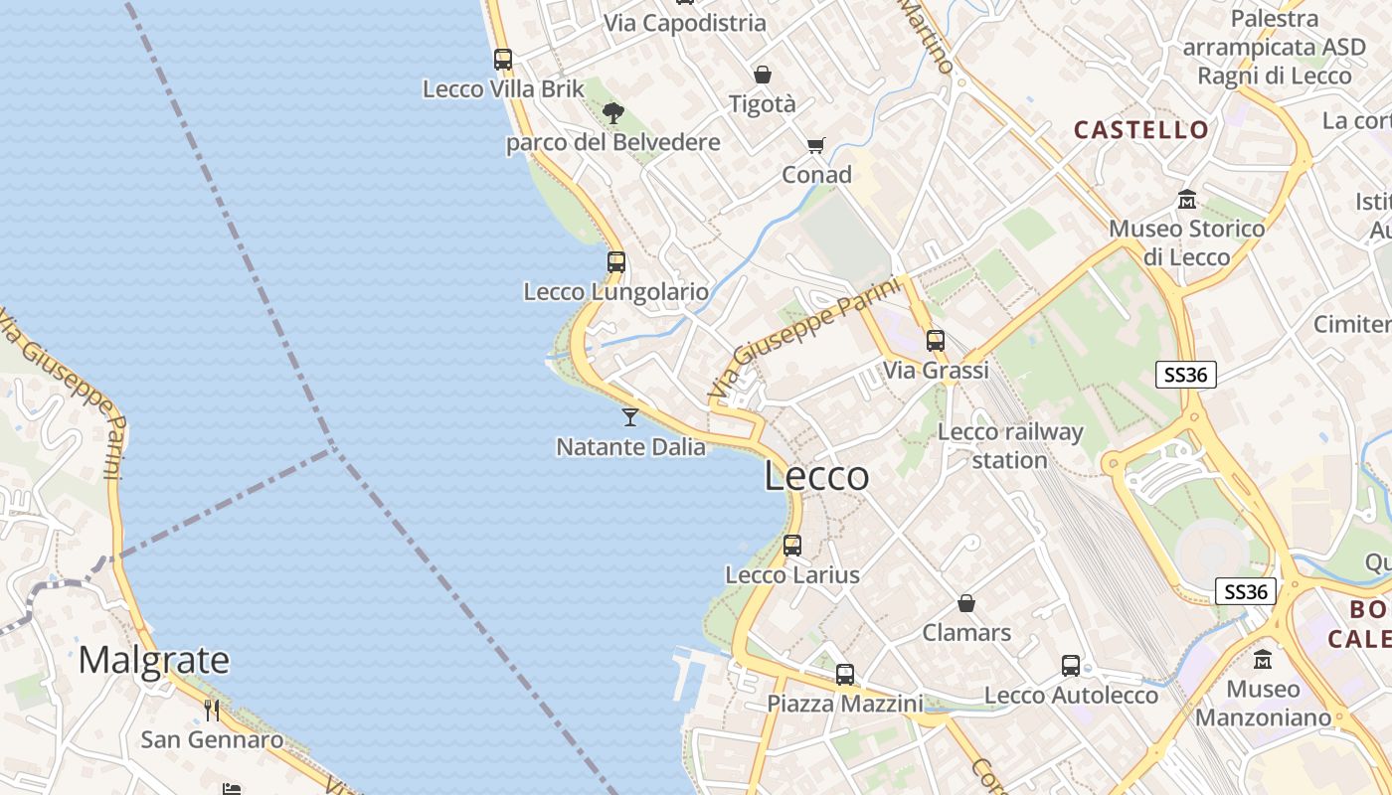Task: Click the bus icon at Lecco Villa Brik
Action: click(x=503, y=60)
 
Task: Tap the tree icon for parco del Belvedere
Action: click(x=613, y=113)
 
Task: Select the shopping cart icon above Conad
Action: click(x=816, y=146)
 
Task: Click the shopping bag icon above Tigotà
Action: click(x=763, y=75)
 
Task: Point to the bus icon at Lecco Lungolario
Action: click(x=616, y=262)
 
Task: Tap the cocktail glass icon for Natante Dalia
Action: click(x=630, y=417)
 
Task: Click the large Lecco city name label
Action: click(x=816, y=476)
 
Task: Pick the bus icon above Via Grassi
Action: click(x=936, y=341)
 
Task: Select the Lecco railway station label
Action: click(x=1010, y=446)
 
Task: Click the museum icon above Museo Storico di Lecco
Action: click(x=1186, y=200)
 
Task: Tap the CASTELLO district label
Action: click(x=1141, y=129)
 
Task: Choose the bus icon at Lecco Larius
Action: click(x=792, y=545)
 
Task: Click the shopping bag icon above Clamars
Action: click(x=966, y=603)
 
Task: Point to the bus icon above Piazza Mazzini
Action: click(x=845, y=675)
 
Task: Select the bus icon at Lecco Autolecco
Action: click(x=1071, y=666)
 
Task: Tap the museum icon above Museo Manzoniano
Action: click(x=1263, y=660)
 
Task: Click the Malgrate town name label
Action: click(x=154, y=660)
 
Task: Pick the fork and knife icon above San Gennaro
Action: click(x=212, y=710)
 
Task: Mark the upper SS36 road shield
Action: click(x=1186, y=375)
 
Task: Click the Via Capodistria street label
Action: click(x=685, y=23)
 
